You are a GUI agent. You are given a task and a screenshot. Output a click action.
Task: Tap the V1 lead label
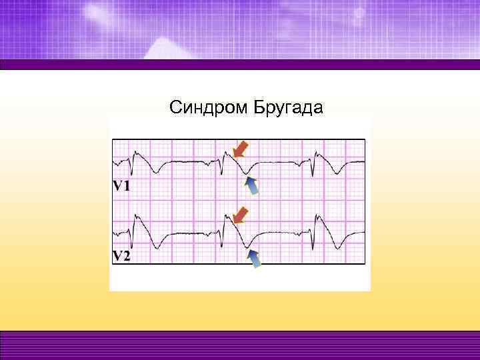(x=121, y=186)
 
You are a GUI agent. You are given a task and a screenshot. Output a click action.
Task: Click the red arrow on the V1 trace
(x=240, y=148)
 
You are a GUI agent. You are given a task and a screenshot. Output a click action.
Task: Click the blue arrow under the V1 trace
(x=253, y=186)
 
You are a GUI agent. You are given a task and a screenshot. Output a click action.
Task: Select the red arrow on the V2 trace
(x=240, y=215)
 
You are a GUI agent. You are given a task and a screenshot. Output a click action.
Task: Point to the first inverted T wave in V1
(x=156, y=172)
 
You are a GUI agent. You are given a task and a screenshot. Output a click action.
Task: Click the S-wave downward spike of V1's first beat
(x=131, y=174)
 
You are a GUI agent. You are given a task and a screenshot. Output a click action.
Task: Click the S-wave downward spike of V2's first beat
(x=132, y=245)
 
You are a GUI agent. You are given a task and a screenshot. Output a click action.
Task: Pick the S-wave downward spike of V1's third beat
(x=313, y=175)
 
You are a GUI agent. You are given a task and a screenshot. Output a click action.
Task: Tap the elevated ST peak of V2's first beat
(x=137, y=215)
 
